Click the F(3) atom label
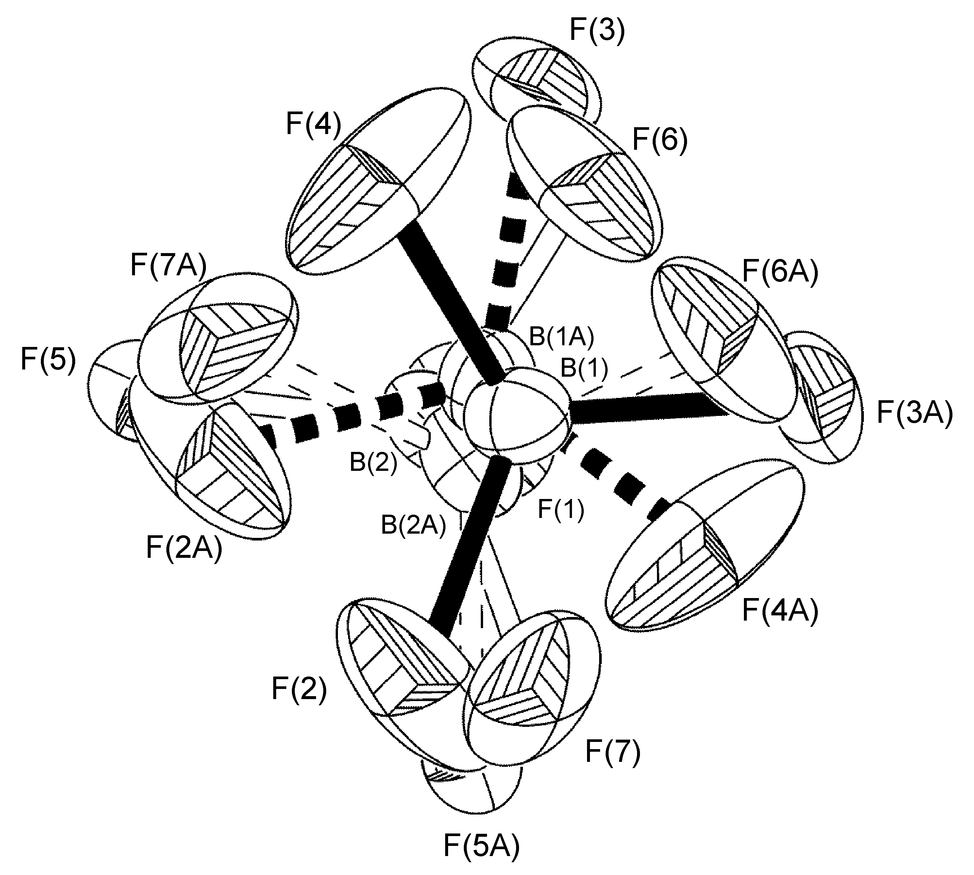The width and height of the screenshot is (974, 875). coord(597,32)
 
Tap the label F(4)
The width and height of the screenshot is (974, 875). coord(313,125)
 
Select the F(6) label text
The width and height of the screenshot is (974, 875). coord(660,140)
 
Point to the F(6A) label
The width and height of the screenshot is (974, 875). coord(780,274)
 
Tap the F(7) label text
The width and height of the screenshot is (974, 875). coord(613,752)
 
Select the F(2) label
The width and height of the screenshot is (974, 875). coord(299,689)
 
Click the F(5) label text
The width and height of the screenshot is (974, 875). coord(48,361)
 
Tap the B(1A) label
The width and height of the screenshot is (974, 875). coord(561,338)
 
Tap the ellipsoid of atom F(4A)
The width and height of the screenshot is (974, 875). coord(706,553)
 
